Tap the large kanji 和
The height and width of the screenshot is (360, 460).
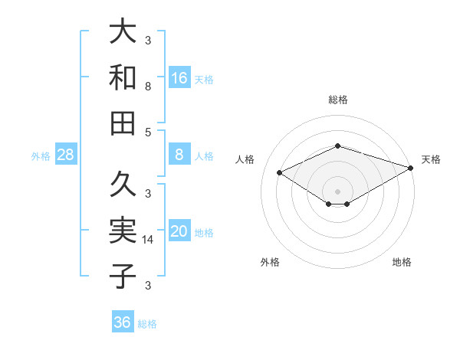pos(123,77)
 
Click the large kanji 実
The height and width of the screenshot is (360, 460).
pos(123,231)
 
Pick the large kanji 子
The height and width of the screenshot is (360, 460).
pos(123,277)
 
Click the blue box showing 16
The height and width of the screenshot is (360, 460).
pos(179,77)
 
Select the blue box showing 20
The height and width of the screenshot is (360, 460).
pos(179,232)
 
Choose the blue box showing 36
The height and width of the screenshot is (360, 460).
pos(123,322)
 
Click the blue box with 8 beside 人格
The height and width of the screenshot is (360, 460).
pos(179,155)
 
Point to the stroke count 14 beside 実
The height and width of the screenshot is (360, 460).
pos(148,240)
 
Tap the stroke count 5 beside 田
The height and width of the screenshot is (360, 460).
pos(148,132)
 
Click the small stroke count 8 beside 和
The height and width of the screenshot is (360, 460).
pos(148,87)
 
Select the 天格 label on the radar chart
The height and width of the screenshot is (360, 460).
pos(431,159)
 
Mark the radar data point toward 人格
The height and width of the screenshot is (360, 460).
pos(280,173)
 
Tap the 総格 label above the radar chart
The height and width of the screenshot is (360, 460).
pos(338,100)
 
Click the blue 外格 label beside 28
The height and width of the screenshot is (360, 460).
pos(41,156)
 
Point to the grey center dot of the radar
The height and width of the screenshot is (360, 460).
pos(338,191)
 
